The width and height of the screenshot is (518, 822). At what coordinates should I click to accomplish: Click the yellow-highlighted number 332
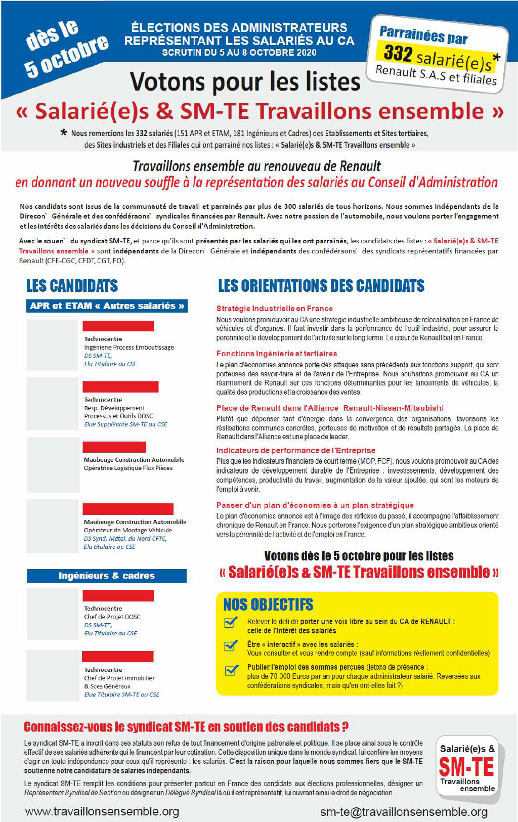[398, 53]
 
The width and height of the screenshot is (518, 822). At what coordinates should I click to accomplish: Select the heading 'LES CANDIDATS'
[72, 286]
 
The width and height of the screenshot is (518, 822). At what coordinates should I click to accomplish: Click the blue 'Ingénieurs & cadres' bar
[107, 576]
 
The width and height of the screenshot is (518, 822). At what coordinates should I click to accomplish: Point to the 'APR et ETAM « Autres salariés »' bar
[107, 306]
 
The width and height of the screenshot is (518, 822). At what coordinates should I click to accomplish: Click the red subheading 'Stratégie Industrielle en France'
[275, 309]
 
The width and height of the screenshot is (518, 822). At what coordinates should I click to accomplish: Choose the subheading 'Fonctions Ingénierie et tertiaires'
[277, 354]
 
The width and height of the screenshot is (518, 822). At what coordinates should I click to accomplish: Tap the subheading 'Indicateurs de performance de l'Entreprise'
[296, 450]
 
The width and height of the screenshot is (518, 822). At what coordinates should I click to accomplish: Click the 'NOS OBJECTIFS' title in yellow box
[268, 604]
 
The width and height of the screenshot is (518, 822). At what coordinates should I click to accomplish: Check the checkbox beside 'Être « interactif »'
[231, 646]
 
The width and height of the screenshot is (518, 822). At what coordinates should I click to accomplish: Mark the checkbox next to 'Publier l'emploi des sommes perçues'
[231, 670]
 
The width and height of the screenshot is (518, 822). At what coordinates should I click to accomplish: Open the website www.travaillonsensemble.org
[102, 811]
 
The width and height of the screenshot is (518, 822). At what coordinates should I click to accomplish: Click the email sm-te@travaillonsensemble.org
[404, 812]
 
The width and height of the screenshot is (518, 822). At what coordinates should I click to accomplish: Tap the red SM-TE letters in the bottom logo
[466, 767]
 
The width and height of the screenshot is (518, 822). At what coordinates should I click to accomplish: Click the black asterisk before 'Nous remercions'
[64, 133]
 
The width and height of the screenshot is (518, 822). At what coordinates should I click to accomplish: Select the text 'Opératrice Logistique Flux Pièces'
[128, 468]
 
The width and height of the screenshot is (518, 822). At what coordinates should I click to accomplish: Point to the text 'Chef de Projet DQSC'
[112, 617]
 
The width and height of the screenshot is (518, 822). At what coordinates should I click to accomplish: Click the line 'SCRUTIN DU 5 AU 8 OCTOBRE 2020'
[239, 53]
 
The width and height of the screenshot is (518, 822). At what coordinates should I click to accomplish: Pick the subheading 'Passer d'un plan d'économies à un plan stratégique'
[315, 505]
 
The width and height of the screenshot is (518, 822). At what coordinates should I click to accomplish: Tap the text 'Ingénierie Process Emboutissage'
[129, 348]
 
